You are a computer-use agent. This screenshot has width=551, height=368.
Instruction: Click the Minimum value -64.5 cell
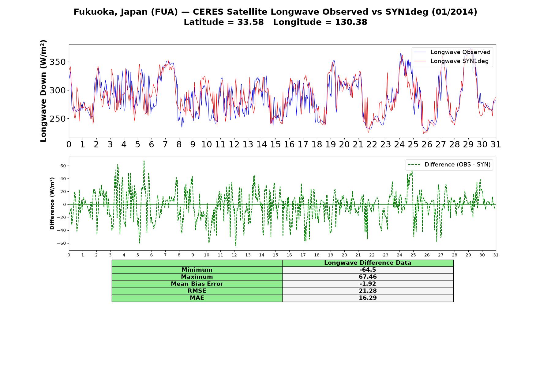tap(368, 270)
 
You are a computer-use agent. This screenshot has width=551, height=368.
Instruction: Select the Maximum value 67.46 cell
tap(368, 277)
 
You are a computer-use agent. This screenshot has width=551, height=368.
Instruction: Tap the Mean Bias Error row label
tap(197, 284)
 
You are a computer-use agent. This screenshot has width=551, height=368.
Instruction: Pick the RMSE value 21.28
tap(368, 291)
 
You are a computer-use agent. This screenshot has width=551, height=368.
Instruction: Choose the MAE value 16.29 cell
tap(368, 298)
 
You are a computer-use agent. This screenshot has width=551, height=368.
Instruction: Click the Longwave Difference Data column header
tap(368, 263)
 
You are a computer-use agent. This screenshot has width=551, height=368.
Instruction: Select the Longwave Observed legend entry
tap(452, 52)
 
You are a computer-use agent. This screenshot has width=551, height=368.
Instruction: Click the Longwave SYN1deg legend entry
tap(451, 61)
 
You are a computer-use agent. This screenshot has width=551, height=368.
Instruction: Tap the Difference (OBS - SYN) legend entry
tap(449, 165)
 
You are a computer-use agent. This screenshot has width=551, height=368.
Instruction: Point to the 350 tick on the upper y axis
tap(58, 62)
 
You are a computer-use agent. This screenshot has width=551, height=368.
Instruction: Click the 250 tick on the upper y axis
tap(58, 119)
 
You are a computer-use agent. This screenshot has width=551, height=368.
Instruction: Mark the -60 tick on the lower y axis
tap(62, 243)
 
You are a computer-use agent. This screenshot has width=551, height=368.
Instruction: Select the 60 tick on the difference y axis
tap(63, 166)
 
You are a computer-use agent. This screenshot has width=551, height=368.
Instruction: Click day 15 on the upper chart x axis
tap(275, 144)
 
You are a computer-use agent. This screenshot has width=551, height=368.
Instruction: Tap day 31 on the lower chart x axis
tap(496, 255)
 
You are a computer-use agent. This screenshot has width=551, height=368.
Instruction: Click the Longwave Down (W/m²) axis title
tap(43, 91)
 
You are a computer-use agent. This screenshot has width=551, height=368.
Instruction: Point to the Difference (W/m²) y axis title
tap(52, 203)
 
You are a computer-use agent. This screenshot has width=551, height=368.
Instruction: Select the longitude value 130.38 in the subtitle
tap(351, 22)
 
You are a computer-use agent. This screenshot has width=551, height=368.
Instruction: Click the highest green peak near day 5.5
tap(144, 161)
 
